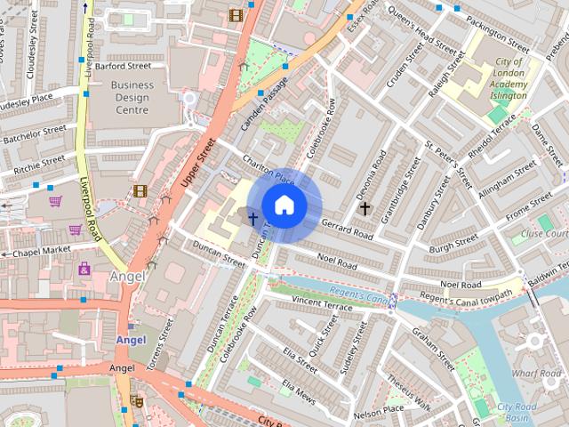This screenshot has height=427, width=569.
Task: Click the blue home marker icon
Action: (284, 205)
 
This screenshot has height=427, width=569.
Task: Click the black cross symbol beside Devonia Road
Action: (364, 207)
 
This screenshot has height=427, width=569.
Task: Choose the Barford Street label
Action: (123, 65)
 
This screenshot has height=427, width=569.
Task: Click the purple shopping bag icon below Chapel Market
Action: (84, 268)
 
